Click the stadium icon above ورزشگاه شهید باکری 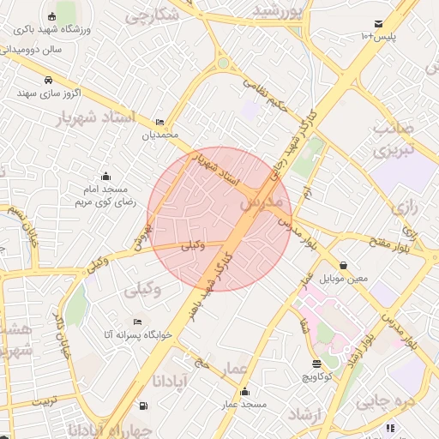pyautogui.click(x=51, y=16)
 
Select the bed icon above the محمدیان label pyautogui.click(x=159, y=123)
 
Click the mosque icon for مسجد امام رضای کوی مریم pyautogui.click(x=105, y=176)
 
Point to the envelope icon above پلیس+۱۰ pyautogui.click(x=377, y=23)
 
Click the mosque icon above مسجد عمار pyautogui.click(x=244, y=391)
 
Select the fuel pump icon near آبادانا pyautogui.click(x=142, y=405)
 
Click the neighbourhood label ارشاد pyautogui.click(x=305, y=415)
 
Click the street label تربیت pyautogui.click(x=44, y=401)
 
